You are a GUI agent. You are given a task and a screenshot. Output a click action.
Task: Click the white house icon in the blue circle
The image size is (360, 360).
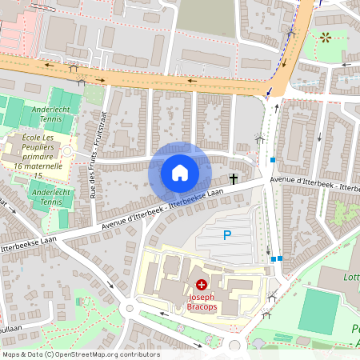click(x=180, y=172)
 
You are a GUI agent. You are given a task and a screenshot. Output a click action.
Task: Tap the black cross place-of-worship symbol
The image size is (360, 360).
click(x=234, y=178)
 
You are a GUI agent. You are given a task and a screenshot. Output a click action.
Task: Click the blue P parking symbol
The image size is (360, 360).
click(x=226, y=235)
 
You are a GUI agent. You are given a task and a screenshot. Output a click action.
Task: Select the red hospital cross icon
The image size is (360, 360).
click(x=201, y=284)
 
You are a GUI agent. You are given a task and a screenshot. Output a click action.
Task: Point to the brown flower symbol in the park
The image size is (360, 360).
click(x=325, y=37)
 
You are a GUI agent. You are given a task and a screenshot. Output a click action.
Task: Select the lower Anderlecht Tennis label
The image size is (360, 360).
click(x=50, y=197)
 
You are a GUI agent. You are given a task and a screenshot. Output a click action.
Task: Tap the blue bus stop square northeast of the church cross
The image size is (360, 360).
click(x=273, y=160)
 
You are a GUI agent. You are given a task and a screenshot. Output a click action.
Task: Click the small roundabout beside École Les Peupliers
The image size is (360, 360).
click(x=67, y=151)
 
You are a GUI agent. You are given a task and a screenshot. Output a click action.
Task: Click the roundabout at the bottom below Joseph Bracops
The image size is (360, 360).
click(x=233, y=346)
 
